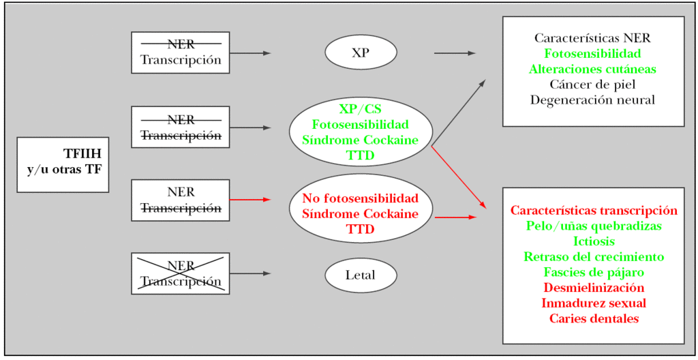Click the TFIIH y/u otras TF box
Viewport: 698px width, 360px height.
(63, 164)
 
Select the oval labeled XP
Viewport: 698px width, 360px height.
(361, 52)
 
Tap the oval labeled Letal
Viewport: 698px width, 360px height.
(361, 275)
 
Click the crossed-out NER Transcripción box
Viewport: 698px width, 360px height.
(181, 273)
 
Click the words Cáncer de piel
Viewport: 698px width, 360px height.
(592, 85)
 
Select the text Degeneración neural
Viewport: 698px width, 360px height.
(592, 100)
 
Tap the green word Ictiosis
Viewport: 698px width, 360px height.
(594, 241)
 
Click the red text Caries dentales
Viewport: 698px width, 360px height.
(594, 318)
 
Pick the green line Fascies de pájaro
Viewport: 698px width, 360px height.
(594, 272)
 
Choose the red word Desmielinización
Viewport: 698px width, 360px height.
(594, 288)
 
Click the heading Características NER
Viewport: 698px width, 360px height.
(592, 38)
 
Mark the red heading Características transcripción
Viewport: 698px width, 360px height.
(594, 211)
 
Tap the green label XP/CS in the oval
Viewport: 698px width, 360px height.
(360, 109)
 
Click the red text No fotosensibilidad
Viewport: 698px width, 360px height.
(360, 198)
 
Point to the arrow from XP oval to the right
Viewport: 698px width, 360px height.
(455, 52)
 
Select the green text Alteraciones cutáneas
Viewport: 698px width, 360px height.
(592, 69)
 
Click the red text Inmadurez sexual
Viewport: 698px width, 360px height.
(594, 303)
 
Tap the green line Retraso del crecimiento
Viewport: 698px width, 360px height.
(594, 257)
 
